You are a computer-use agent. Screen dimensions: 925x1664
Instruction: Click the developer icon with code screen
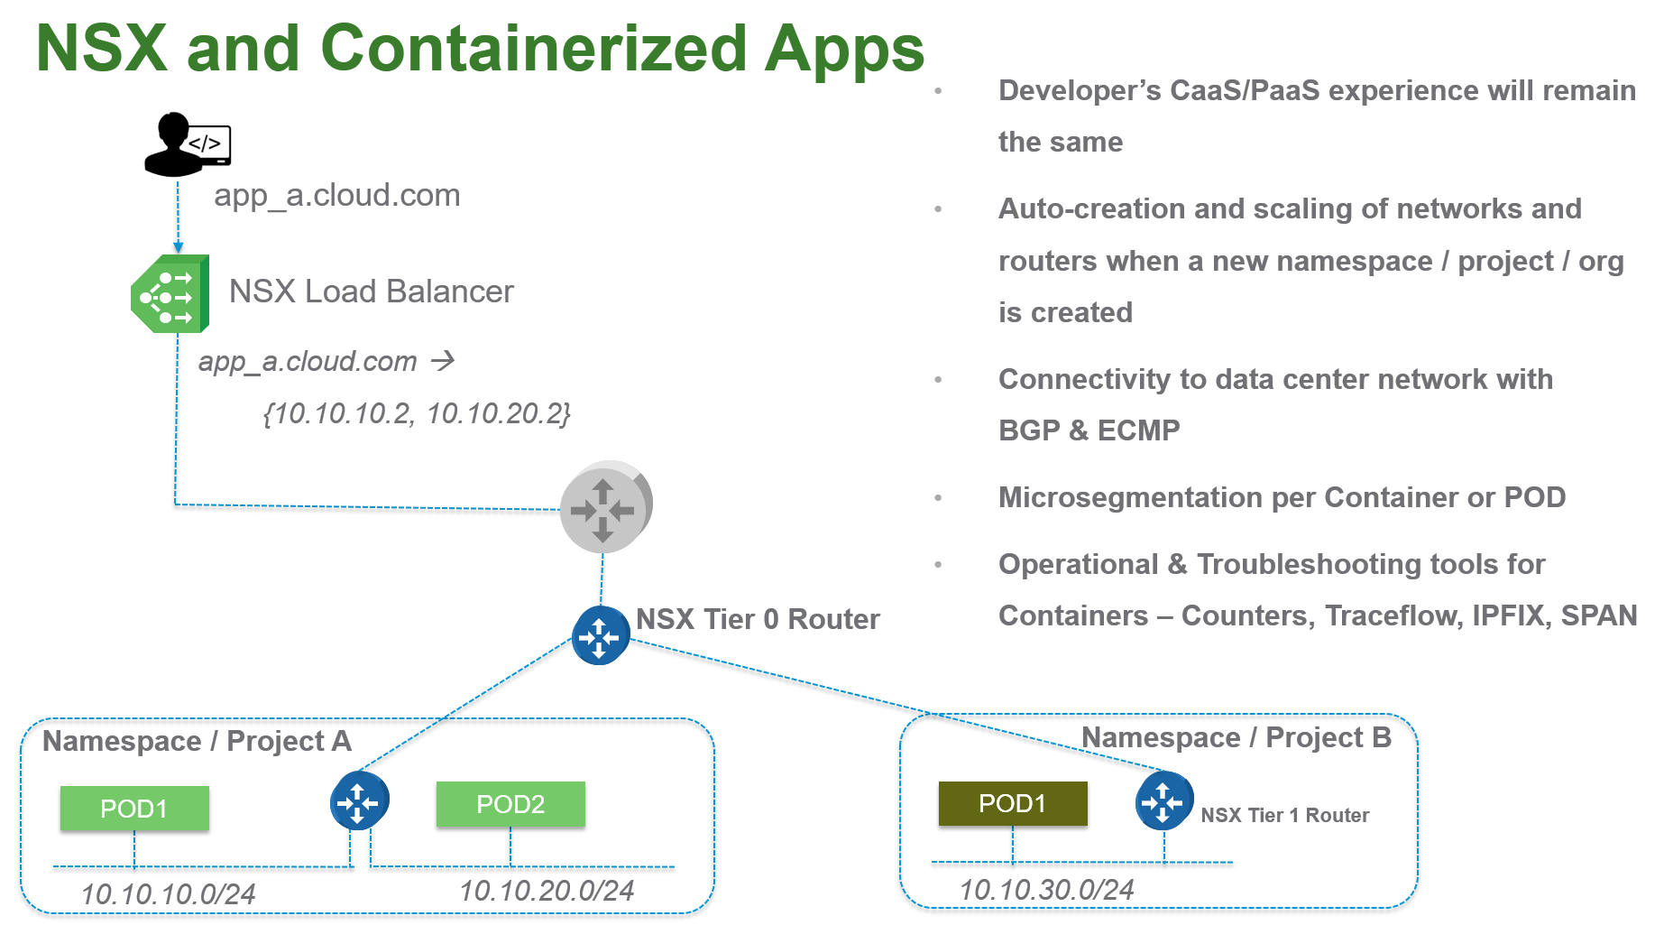tap(188, 144)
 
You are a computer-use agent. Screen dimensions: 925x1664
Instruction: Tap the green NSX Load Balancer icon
tap(170, 294)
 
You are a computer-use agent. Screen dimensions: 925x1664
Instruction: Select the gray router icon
tap(605, 508)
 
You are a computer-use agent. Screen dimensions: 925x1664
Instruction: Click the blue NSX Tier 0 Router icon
tap(601, 636)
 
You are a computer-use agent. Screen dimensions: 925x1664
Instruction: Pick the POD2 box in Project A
tap(510, 804)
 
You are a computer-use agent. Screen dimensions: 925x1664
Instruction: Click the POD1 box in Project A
tap(134, 809)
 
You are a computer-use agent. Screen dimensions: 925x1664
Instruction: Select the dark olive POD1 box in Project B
tap(1012, 803)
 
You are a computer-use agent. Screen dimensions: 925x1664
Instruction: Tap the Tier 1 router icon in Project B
tap(1163, 800)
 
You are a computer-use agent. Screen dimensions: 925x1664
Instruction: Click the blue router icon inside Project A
tap(359, 800)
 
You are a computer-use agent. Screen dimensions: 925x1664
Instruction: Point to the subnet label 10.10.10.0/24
tap(169, 894)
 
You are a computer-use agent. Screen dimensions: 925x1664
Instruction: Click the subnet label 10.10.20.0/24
tap(547, 891)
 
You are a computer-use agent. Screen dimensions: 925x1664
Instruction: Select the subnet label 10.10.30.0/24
tap(1046, 890)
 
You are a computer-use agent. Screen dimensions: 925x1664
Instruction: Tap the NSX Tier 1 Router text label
tap(1284, 815)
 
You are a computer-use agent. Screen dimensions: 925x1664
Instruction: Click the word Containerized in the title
tap(533, 49)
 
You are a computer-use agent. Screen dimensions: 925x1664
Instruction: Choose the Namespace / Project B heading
tap(1236, 737)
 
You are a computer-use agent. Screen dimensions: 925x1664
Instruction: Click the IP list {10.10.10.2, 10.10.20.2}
tap(417, 413)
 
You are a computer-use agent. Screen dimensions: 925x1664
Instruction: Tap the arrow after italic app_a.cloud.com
tap(443, 362)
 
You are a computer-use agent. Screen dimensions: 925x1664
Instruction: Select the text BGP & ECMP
tap(1089, 430)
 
